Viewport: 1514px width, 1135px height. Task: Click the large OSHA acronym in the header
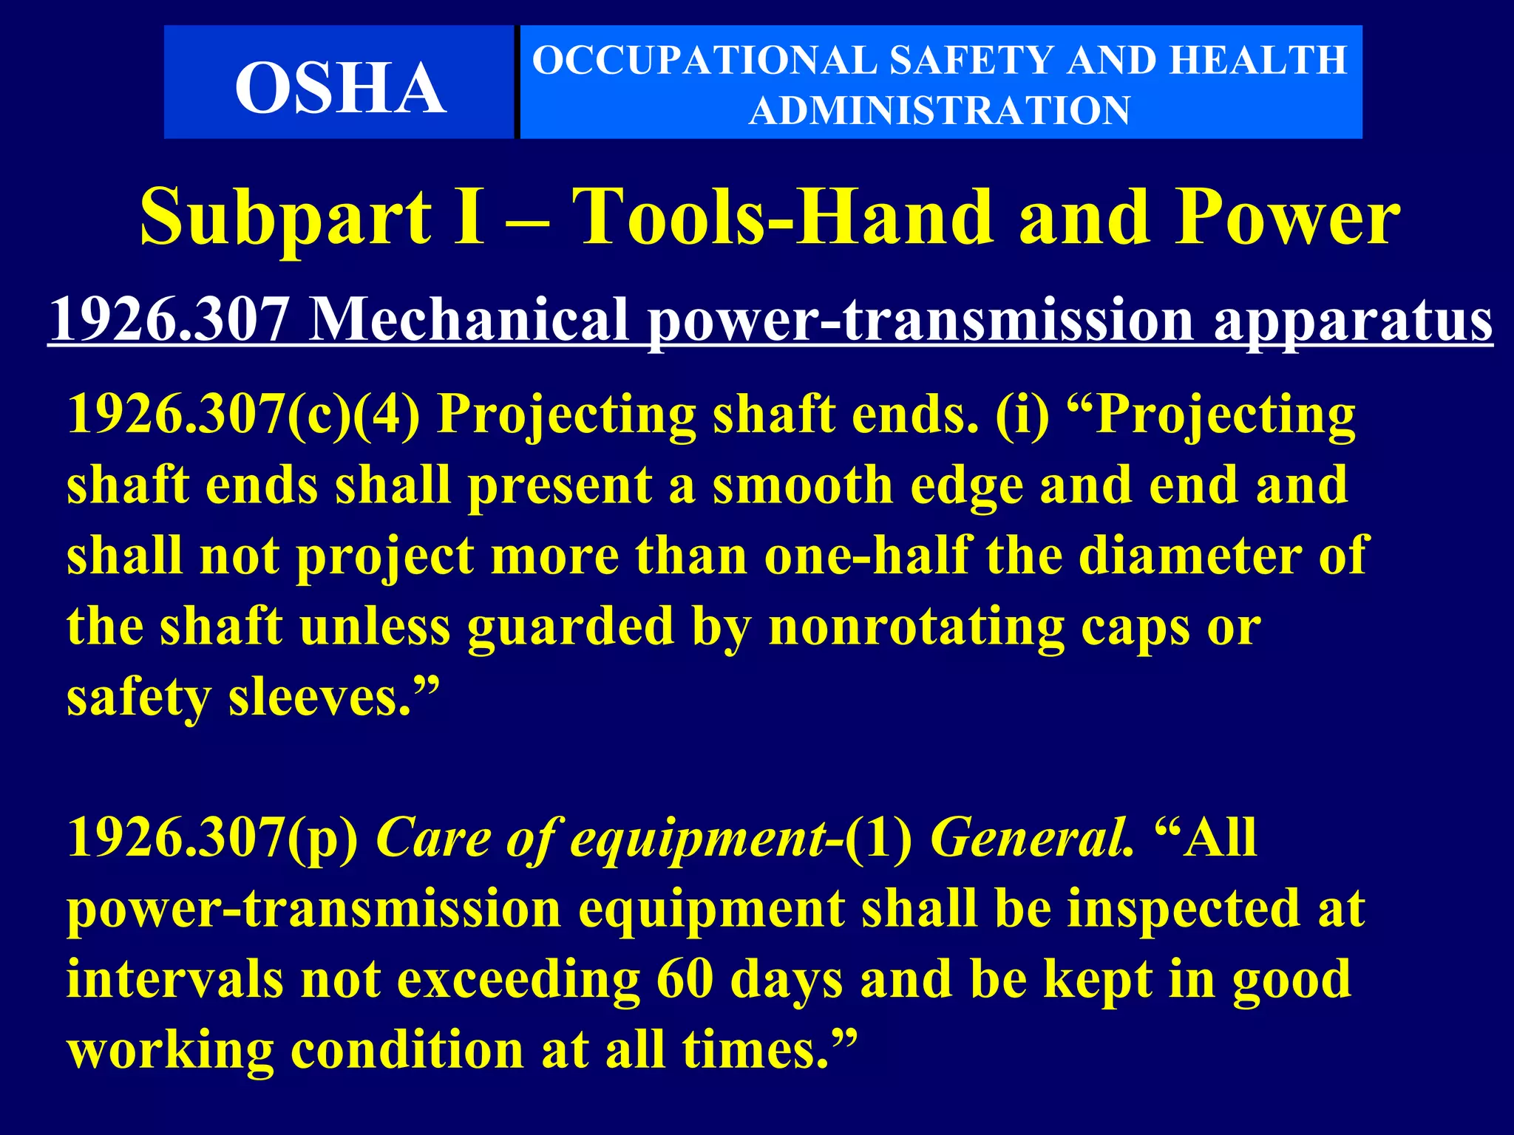click(x=340, y=88)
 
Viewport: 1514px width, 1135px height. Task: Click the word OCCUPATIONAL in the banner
click(x=703, y=61)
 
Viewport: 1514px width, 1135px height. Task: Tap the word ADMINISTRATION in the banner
click(x=940, y=111)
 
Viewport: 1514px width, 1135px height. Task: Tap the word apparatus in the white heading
click(x=1353, y=320)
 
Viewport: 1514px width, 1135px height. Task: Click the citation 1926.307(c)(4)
click(x=243, y=415)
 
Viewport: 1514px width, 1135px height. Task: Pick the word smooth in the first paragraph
click(x=803, y=485)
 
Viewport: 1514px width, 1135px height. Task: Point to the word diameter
click(x=1190, y=556)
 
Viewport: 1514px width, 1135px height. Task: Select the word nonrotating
click(x=916, y=627)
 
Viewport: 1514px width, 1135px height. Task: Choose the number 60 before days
click(x=685, y=979)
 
